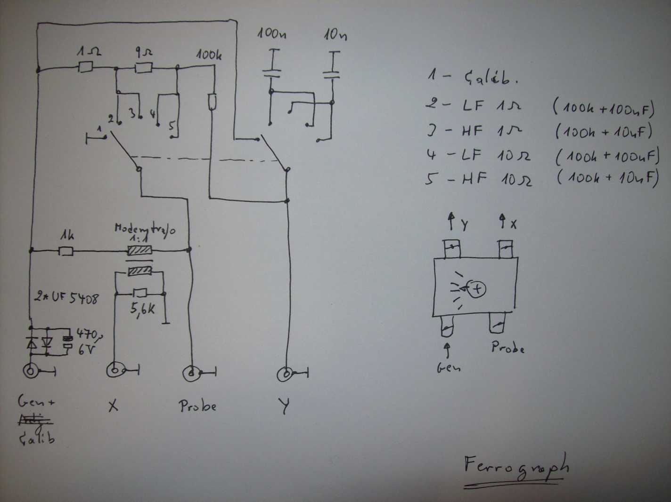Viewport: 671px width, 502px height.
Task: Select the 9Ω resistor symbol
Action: [143, 69]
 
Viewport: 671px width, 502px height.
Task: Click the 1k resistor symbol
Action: [65, 251]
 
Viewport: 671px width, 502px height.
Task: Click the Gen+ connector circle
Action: [31, 371]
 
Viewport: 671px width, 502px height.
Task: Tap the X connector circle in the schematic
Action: [115, 370]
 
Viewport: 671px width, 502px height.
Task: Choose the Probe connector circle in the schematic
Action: [191, 373]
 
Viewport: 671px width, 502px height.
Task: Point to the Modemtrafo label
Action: [145, 230]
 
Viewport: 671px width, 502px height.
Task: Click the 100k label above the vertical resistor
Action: [209, 56]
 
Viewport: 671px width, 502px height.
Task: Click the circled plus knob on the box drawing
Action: [477, 288]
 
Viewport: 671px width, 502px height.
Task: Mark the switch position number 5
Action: [172, 126]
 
